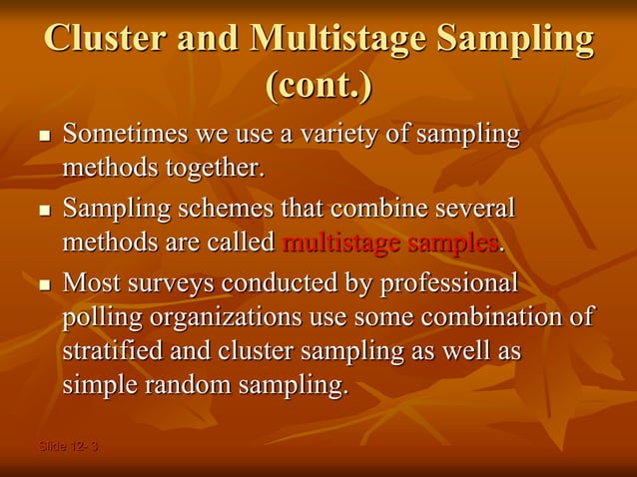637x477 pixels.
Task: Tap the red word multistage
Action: [x=343, y=242]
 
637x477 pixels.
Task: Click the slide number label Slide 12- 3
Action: [x=68, y=445]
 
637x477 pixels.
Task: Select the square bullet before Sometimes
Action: [x=43, y=136]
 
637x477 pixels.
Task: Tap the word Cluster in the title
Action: [x=104, y=38]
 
